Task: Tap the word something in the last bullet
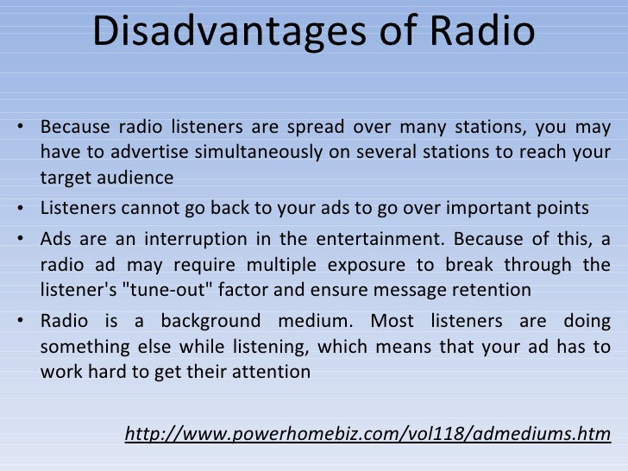(x=79, y=348)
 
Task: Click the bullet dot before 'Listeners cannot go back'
(x=20, y=209)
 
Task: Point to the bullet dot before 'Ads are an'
(x=20, y=241)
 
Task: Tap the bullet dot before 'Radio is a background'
(x=20, y=324)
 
